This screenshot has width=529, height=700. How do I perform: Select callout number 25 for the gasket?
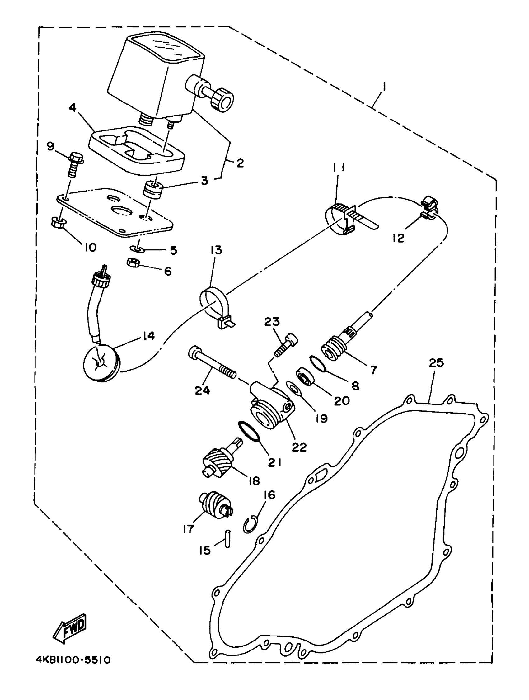coord(436,363)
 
